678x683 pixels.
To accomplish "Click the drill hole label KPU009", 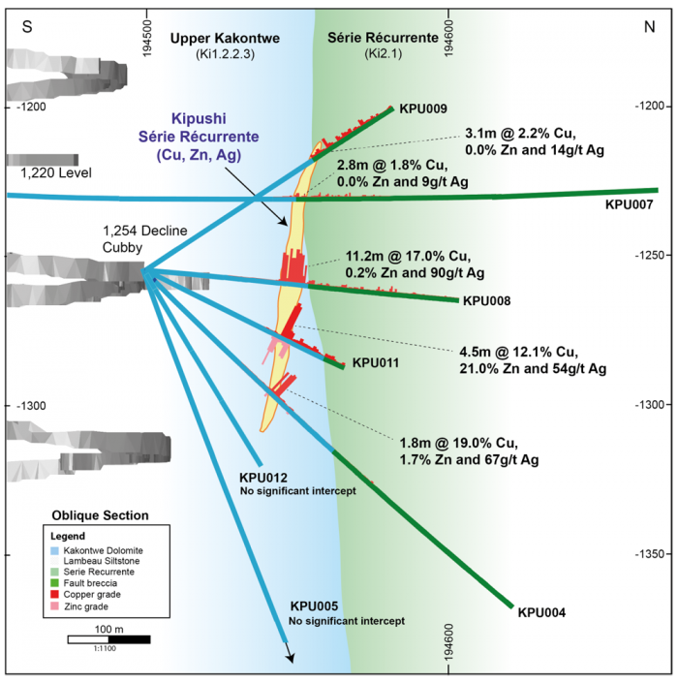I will (422, 109).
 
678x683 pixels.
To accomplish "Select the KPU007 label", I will (629, 205).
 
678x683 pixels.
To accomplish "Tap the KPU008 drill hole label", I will (487, 300).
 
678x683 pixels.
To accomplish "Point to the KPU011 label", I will (376, 363).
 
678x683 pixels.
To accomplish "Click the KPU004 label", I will (541, 612).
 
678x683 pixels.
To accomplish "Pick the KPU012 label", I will (263, 478).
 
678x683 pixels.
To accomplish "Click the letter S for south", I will (27, 28).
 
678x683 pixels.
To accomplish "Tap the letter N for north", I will (649, 28).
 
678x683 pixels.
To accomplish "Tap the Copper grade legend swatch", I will (55, 596).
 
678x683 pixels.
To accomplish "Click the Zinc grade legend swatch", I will (55, 607).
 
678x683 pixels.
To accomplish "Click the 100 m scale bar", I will (108, 639).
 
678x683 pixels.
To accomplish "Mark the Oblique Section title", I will (101, 515).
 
